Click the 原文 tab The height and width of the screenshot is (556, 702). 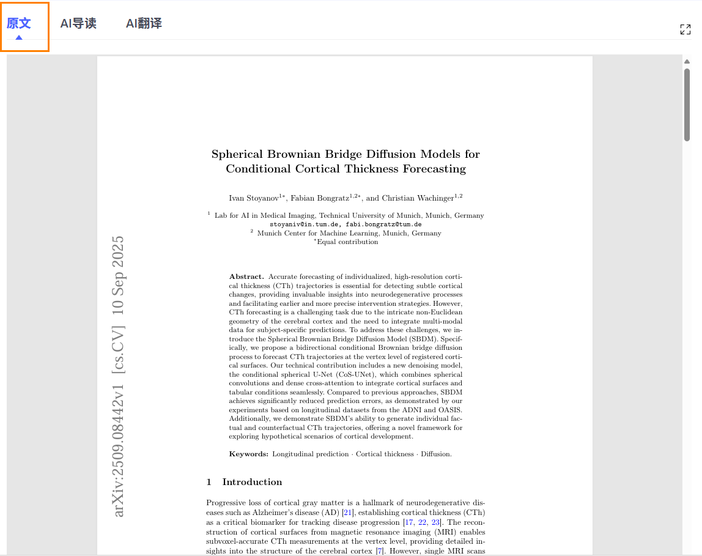click(19, 24)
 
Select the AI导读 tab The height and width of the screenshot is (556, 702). click(78, 24)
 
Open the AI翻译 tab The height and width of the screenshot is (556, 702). click(144, 24)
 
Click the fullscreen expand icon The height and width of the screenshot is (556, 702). click(685, 29)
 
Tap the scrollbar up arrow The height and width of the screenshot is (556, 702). click(687, 61)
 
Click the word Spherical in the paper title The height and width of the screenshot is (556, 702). click(237, 154)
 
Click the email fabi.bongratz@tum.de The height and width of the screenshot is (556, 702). click(383, 224)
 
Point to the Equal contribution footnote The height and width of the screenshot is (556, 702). click(347, 242)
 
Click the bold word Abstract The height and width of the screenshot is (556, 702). click(246, 277)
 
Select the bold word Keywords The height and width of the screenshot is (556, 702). click(248, 454)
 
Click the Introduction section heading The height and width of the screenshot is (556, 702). click(252, 482)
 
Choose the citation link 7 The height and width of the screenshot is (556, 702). click(380, 552)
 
